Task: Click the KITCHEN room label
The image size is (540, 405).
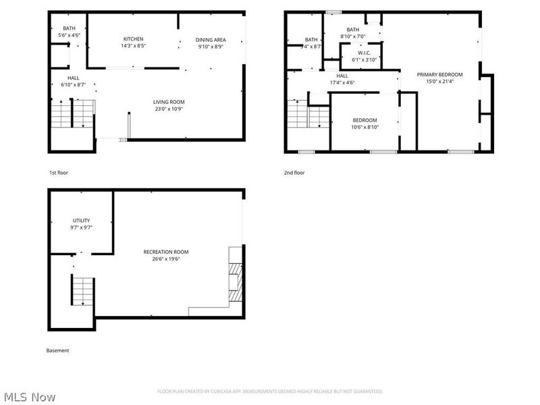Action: pos(133,38)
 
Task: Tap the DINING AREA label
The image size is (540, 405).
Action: pos(210,39)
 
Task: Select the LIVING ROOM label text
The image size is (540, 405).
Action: pos(168,101)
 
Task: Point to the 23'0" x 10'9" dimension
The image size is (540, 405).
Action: pos(168,109)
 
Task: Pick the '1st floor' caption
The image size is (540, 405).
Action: pos(58,173)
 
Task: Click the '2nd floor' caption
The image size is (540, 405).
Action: pos(294,173)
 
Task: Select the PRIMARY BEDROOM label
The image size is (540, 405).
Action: pos(439,74)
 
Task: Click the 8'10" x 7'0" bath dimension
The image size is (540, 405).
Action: pos(353,36)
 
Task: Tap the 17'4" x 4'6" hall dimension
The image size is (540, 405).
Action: pos(342,82)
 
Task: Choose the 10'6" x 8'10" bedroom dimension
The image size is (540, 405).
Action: pos(364,127)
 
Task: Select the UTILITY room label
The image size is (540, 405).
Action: pos(82,221)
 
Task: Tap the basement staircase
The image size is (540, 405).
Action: pos(80,290)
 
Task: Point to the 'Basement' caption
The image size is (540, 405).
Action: pos(57,350)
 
